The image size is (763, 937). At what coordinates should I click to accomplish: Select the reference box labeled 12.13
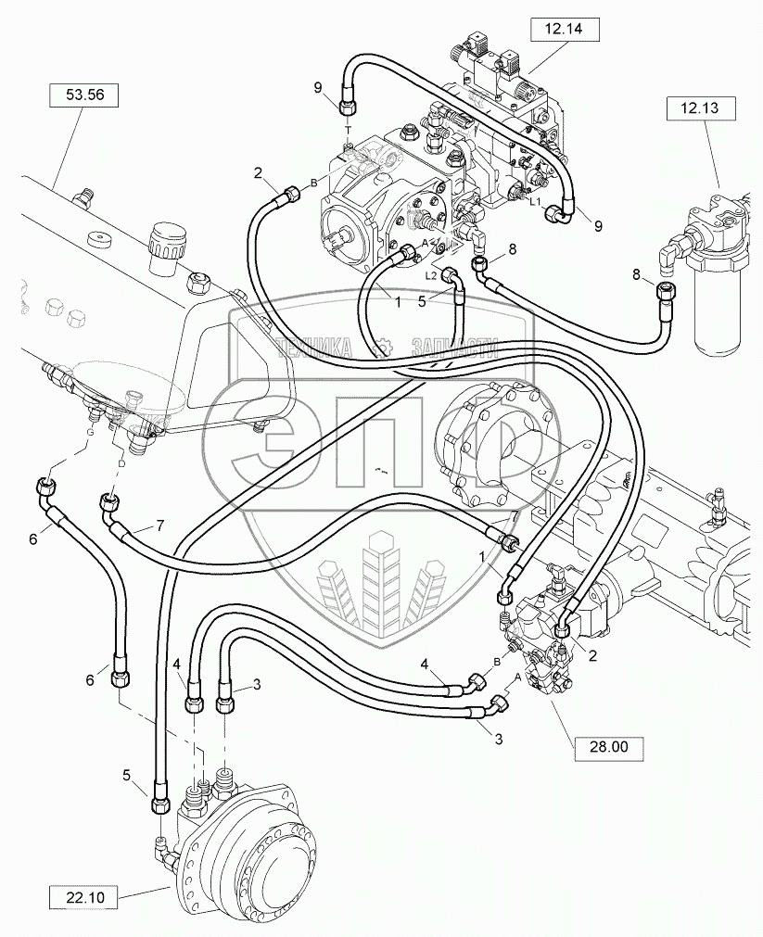click(x=700, y=108)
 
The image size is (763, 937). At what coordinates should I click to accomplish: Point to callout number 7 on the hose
click(x=160, y=526)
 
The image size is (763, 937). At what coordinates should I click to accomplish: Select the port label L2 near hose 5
click(x=431, y=276)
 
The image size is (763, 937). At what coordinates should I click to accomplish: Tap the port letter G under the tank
click(x=90, y=432)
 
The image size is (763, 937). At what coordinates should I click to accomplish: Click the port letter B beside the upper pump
click(x=313, y=182)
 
